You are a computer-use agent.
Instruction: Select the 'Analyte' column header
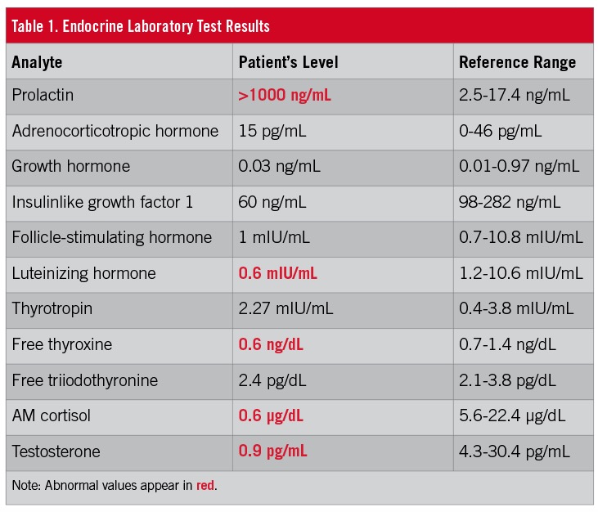37,62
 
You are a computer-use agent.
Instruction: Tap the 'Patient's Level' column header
288,62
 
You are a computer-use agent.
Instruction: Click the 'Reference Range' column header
517,62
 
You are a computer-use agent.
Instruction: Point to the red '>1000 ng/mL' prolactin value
285,96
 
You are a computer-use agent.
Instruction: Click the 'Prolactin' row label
43,96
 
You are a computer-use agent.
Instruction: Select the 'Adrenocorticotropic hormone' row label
115,131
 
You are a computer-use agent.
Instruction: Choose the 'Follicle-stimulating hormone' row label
111,238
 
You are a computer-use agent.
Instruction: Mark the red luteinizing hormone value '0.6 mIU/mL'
277,273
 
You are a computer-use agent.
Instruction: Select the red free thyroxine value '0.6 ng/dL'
271,344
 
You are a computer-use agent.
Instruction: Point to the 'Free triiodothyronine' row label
85,380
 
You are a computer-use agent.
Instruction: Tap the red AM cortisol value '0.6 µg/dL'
271,415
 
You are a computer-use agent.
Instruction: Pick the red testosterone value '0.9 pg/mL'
272,451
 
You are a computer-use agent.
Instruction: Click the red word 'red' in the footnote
205,486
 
